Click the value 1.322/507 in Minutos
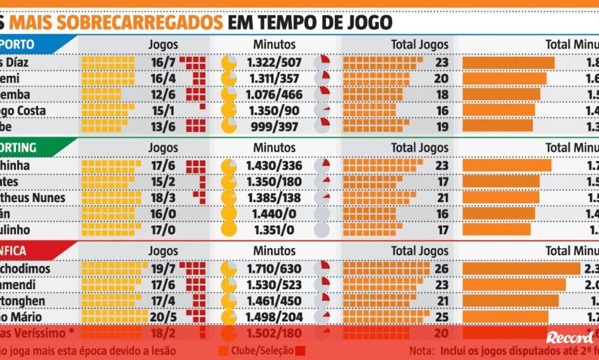click(x=274, y=62)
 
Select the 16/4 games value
click(x=163, y=78)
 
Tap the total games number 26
click(x=442, y=269)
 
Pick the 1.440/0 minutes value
click(x=274, y=214)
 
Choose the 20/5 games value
click(x=163, y=317)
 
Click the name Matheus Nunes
click(x=35, y=198)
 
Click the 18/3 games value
click(x=163, y=198)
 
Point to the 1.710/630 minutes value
click(x=274, y=269)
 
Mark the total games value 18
click(x=442, y=95)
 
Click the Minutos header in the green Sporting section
click(x=274, y=148)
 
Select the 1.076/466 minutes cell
click(x=274, y=95)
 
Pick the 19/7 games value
click(x=163, y=269)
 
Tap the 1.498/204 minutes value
click(x=274, y=317)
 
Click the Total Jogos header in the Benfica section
click(x=419, y=251)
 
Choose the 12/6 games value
click(x=163, y=95)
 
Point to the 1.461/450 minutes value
click(x=274, y=301)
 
